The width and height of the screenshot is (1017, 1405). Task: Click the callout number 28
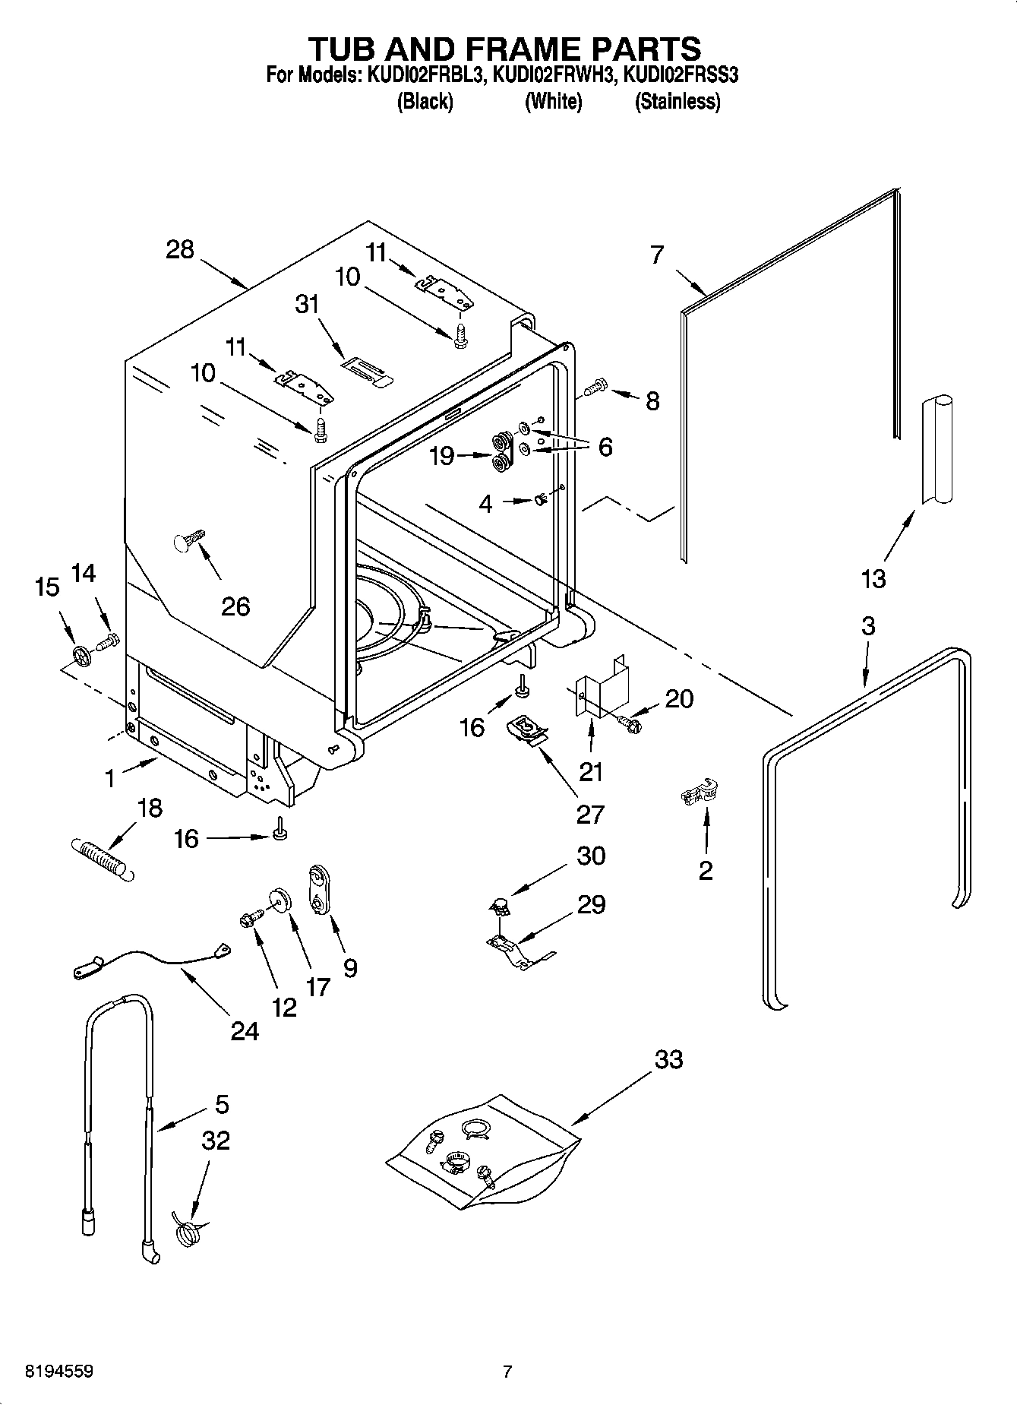(x=180, y=250)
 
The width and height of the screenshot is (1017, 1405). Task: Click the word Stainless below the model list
(x=677, y=101)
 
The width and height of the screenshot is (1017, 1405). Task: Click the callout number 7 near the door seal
(x=657, y=255)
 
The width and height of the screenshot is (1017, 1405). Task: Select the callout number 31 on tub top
(x=307, y=304)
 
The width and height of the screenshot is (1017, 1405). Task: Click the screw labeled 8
(x=595, y=388)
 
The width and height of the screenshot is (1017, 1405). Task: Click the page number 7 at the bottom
(x=507, y=1372)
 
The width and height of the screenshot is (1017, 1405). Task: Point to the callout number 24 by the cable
(x=245, y=1031)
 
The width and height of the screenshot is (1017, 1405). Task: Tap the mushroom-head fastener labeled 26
(x=186, y=540)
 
